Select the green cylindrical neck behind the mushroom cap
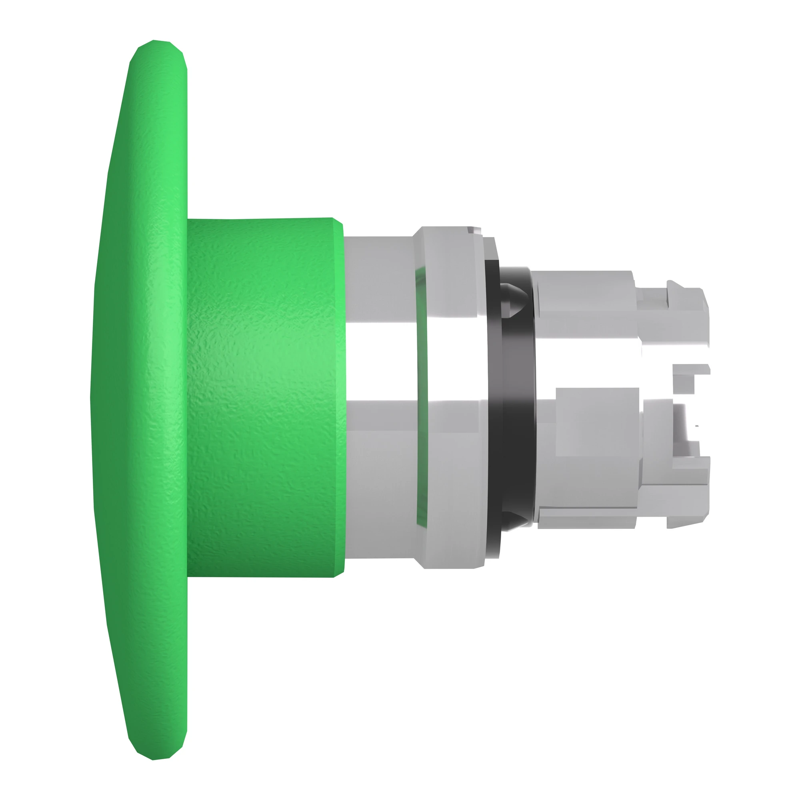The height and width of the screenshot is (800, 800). (265, 398)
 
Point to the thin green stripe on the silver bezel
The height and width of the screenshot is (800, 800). (420, 398)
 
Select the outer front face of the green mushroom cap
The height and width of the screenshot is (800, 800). (124, 398)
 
